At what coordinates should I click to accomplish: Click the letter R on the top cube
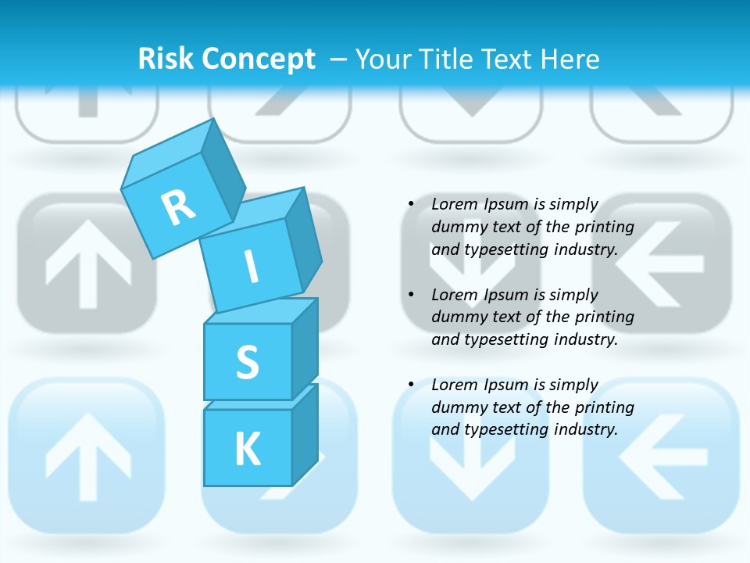click(x=178, y=207)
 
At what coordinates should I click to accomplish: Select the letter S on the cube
click(x=247, y=362)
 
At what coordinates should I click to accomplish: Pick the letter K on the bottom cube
click(x=247, y=449)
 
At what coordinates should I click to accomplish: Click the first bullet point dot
click(x=411, y=204)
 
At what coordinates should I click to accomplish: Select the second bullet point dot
click(x=411, y=295)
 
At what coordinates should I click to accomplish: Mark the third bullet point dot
click(x=411, y=385)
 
